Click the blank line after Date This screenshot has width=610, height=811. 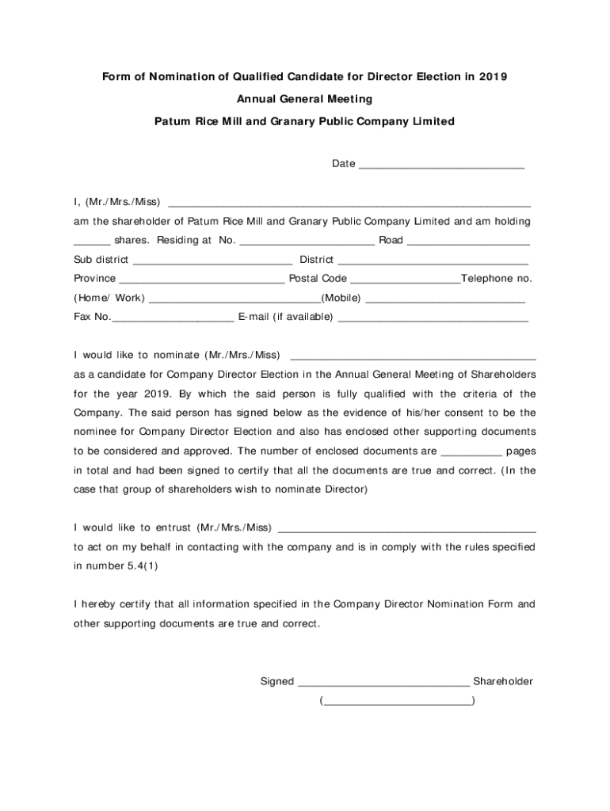pos(441,166)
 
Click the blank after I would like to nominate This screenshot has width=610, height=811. pos(414,356)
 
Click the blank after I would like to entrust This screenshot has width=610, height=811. pos(407,529)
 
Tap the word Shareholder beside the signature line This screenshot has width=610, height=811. pos(503,681)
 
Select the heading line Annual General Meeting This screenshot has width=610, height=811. pos(304,99)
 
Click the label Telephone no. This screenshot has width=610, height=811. pos(497,279)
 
